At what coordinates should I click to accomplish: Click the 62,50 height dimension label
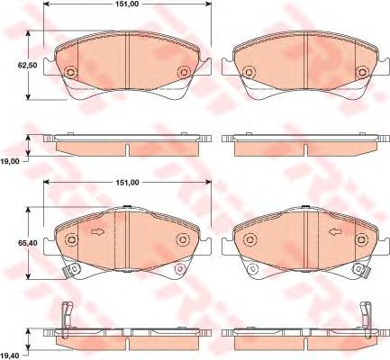(x=28, y=65)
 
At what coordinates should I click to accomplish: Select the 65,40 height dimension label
(x=28, y=243)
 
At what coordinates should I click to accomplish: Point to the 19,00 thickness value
(x=10, y=161)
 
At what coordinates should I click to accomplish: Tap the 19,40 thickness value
(x=10, y=355)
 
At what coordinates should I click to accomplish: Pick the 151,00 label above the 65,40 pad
(x=128, y=182)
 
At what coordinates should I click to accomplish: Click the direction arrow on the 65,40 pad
(x=97, y=232)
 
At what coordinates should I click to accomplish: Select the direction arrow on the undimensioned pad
(x=335, y=232)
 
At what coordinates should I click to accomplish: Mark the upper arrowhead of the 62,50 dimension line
(x=28, y=33)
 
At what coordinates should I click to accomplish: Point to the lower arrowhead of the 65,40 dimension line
(x=28, y=276)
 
